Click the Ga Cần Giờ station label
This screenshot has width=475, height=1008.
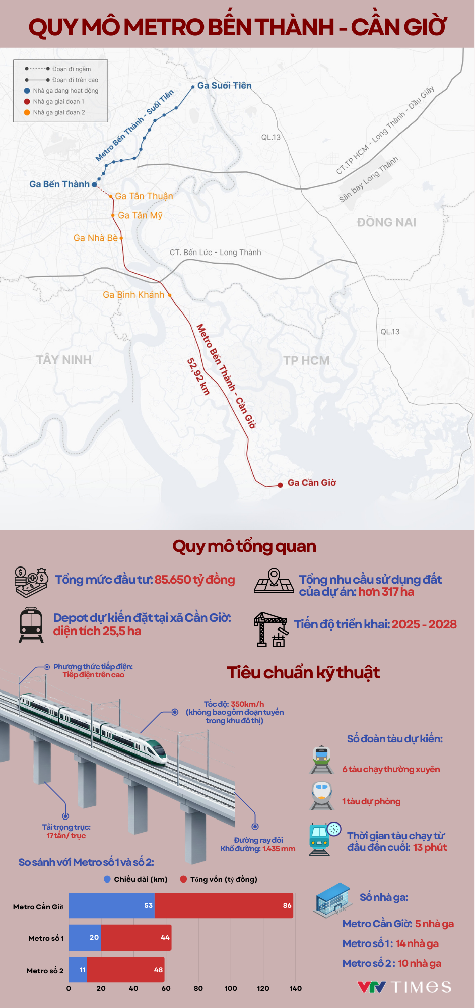[311, 483]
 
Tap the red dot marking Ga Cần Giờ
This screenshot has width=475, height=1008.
[280, 485]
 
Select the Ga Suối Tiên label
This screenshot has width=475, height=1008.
[224, 86]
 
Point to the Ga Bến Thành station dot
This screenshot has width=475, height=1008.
[94, 185]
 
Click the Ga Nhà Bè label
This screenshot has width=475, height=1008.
[95, 238]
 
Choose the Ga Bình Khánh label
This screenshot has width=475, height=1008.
[133, 295]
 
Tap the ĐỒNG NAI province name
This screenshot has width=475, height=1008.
[386, 222]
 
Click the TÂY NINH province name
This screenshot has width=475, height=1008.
[64, 360]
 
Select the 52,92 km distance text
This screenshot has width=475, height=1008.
[198, 376]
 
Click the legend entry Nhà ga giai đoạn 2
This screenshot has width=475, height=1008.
[58, 112]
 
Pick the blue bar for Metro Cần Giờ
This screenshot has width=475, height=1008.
[112, 905]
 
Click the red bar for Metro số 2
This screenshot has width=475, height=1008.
[125, 970]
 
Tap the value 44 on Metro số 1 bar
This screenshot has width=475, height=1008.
[165, 937]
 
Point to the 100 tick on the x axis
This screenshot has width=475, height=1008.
[231, 988]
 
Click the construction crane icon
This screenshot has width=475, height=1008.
[270, 628]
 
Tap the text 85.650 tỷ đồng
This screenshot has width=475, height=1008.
[195, 580]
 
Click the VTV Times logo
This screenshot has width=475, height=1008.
[404, 987]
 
